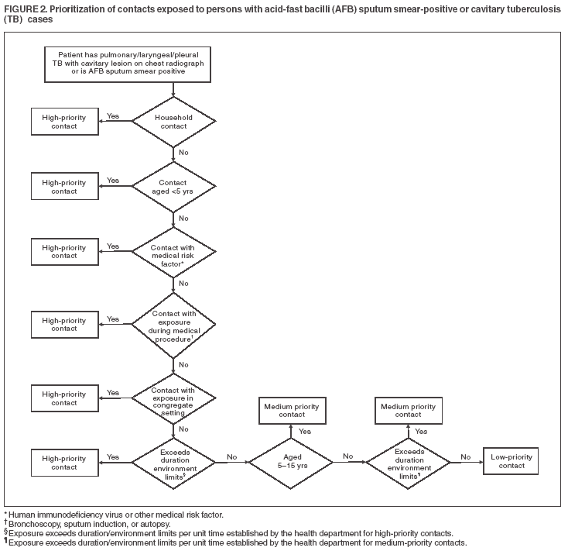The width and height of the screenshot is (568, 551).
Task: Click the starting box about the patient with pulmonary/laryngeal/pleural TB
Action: click(173, 64)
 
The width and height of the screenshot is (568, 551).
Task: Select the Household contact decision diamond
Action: click(173, 122)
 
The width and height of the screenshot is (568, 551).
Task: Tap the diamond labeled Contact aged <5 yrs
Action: click(173, 187)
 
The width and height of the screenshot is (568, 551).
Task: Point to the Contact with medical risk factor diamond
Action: click(173, 252)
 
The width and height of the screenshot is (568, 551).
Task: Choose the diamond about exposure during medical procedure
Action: click(173, 323)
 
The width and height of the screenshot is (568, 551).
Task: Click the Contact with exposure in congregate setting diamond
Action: click(173, 398)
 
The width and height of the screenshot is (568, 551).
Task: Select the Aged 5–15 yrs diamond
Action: click(290, 463)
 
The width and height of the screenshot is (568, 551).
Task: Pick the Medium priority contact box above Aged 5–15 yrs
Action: click(290, 410)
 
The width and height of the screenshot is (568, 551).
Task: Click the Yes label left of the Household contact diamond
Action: click(113, 115)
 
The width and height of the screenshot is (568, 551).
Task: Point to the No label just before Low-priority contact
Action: click(465, 456)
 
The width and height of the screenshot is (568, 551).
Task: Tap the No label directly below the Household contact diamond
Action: click(183, 152)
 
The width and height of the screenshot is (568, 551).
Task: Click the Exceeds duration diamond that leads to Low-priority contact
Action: click(408, 463)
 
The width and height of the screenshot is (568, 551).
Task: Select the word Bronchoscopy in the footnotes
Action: click(31, 524)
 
